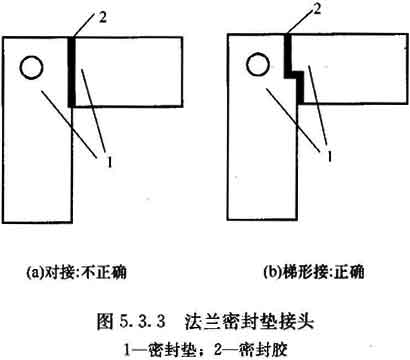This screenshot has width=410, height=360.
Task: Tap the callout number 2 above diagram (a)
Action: (103, 17)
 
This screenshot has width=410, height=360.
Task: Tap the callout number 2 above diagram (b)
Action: (317, 9)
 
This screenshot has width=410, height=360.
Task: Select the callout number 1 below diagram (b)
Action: (329, 156)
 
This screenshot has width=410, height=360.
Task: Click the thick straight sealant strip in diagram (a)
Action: (72, 72)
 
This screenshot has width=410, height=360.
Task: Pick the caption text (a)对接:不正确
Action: (77, 272)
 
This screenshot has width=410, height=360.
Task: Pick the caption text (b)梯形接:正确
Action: (313, 272)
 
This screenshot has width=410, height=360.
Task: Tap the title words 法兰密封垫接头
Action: (249, 321)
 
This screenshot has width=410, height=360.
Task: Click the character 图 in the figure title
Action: (105, 321)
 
